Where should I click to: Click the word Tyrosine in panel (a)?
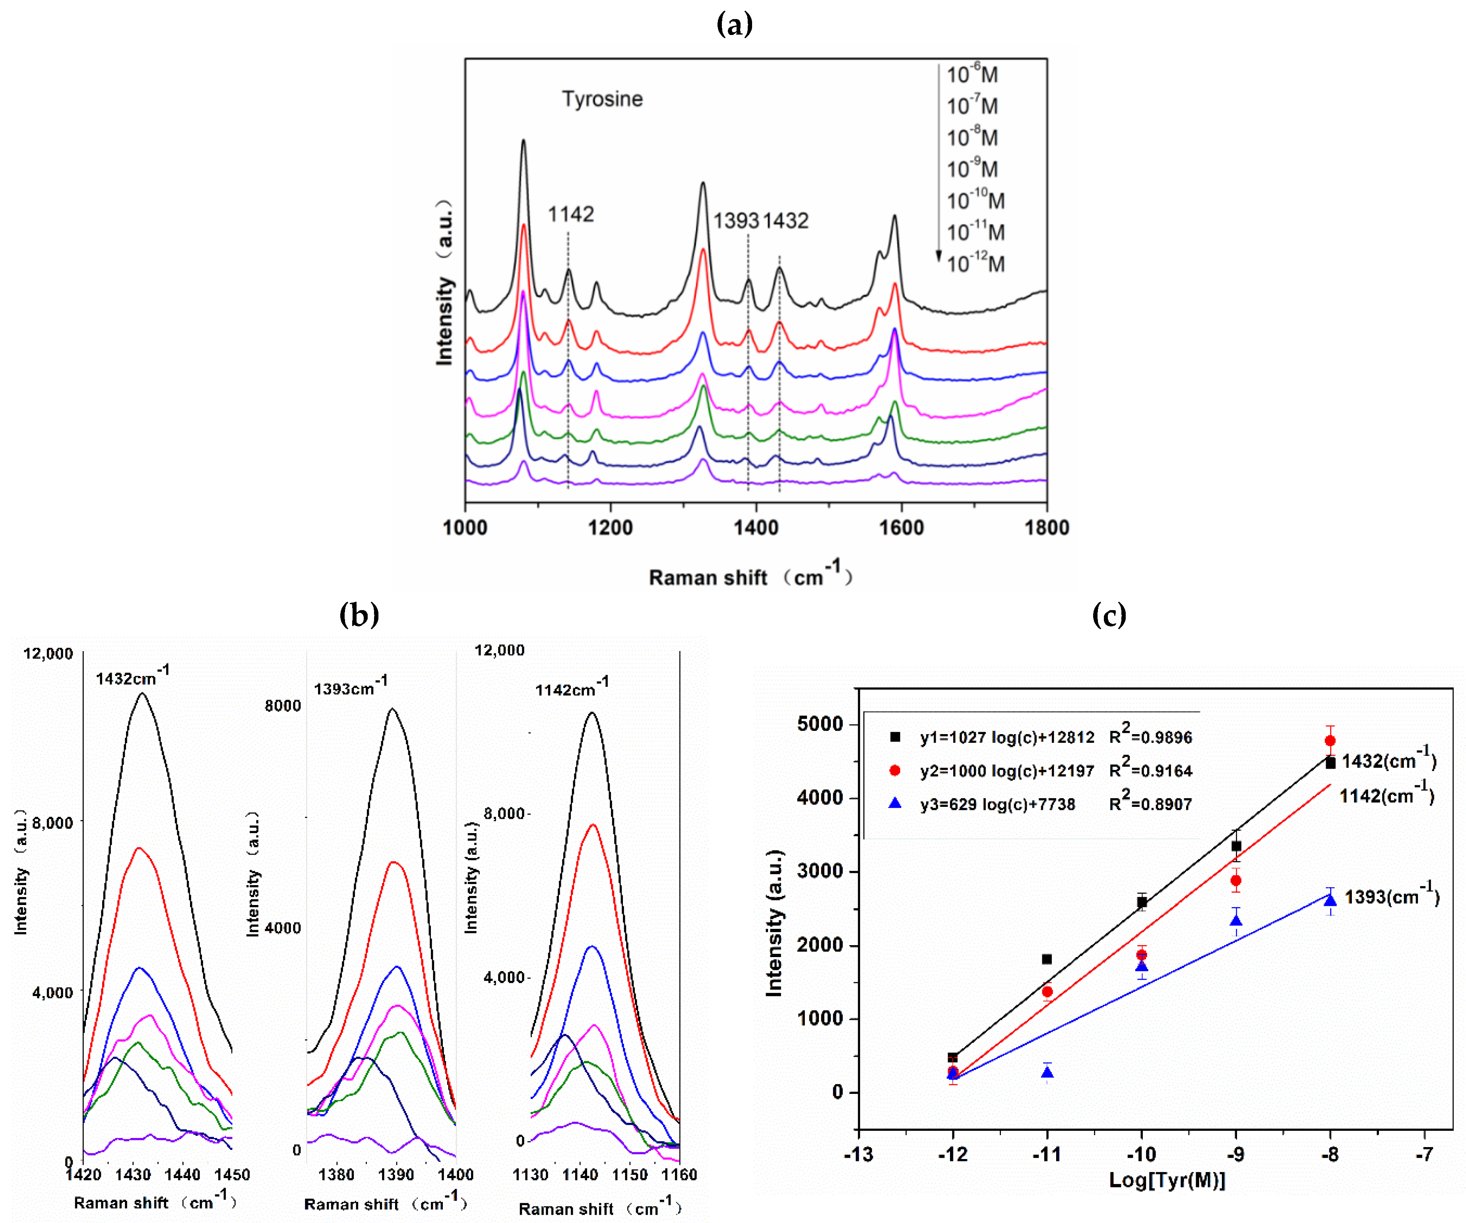click(603, 99)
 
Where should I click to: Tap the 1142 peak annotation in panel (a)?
click(570, 214)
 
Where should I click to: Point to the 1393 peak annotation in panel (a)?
click(736, 221)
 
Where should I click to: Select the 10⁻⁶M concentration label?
click(972, 74)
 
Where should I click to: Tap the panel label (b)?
click(359, 614)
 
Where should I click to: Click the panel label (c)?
click(1109, 614)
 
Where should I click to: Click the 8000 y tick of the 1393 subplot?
click(282, 706)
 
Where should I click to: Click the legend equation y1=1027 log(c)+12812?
click(1006, 738)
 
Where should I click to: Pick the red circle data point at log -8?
click(1330, 740)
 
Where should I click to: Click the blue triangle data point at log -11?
click(1047, 1072)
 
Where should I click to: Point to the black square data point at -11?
click(1047, 959)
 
